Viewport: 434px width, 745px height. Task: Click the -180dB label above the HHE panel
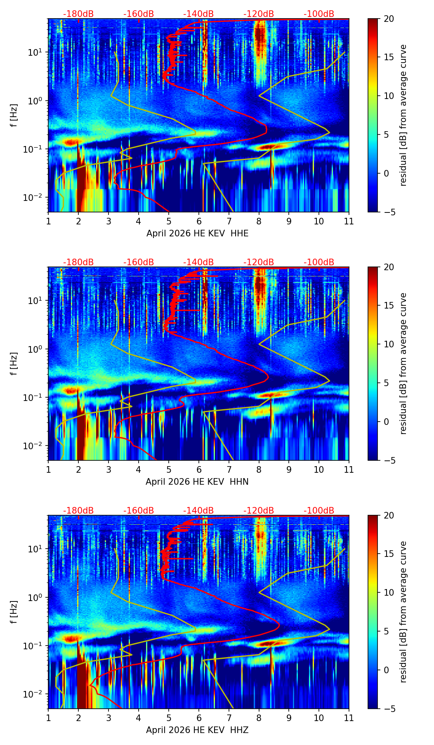tap(78, 14)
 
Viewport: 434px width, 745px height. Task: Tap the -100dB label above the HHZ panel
tap(319, 511)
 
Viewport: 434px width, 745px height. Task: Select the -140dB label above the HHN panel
tap(198, 262)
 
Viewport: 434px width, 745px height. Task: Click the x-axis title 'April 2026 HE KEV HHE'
tap(198, 233)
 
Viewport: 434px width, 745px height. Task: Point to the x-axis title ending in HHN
tap(197, 482)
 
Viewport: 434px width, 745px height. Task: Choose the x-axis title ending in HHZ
tap(197, 730)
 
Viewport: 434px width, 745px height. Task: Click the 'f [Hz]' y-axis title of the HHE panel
tap(14, 116)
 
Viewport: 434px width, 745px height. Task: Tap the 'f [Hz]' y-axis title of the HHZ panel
tap(14, 612)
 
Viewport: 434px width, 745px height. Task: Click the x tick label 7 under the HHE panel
tap(229, 221)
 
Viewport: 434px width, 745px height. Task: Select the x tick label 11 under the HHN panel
tap(349, 469)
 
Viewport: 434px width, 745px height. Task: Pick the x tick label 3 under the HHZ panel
tap(108, 718)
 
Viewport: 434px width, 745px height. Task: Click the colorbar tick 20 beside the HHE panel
tap(389, 19)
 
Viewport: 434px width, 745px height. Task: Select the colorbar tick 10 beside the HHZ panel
tap(389, 593)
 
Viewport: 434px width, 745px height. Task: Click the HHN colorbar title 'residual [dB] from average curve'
tap(403, 363)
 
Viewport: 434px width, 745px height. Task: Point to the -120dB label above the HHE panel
tap(259, 14)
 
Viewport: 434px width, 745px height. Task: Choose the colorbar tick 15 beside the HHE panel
tap(389, 57)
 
